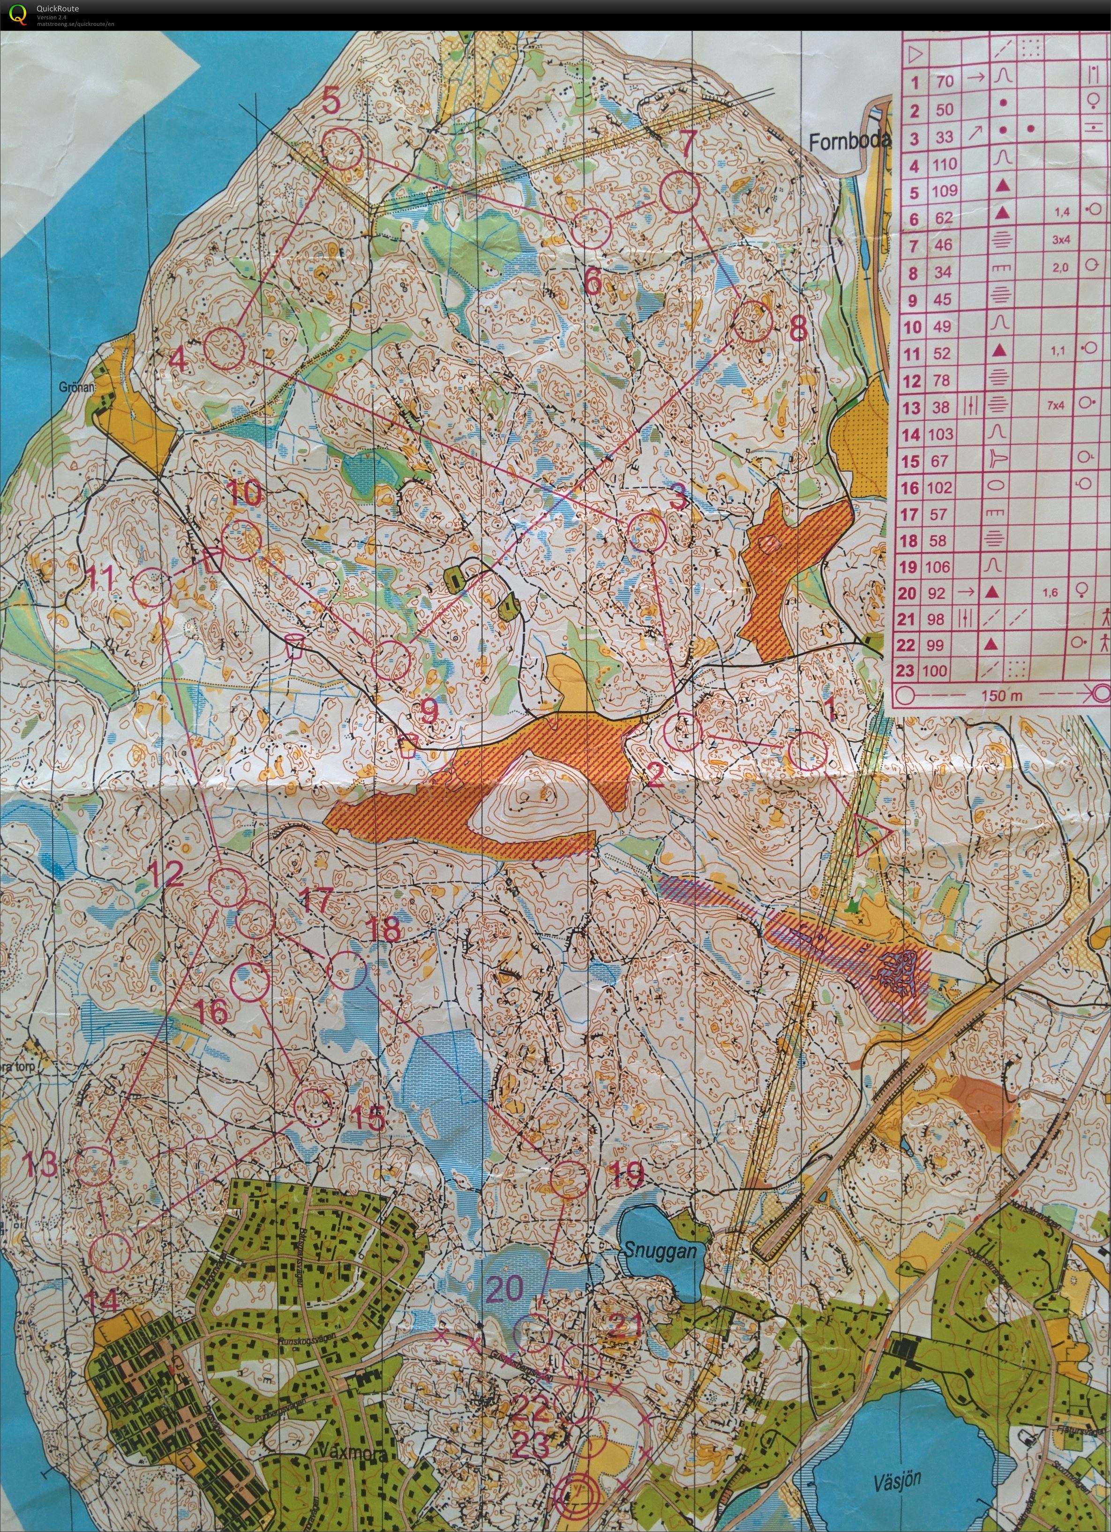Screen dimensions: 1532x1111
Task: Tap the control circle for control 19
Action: pyautogui.click(x=570, y=1179)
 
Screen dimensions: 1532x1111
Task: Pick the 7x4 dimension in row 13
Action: pyautogui.click(x=1056, y=406)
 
